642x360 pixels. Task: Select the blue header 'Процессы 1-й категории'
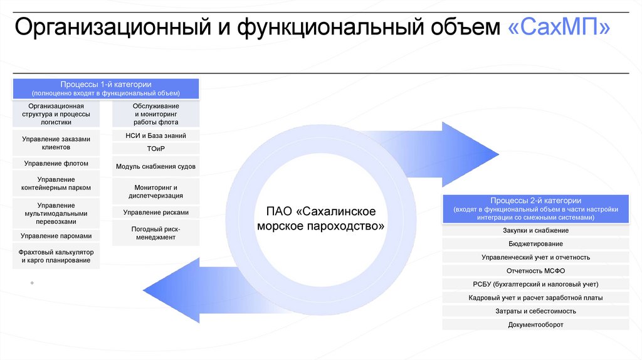pyautogui.click(x=106, y=88)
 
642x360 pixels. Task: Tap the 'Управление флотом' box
pyautogui.click(x=56, y=164)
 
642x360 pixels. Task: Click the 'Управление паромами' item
pyautogui.click(x=56, y=236)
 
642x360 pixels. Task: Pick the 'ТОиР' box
pyautogui.click(x=155, y=149)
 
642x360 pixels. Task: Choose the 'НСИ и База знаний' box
pyautogui.click(x=155, y=135)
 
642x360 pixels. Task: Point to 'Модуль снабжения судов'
pyautogui.click(x=155, y=167)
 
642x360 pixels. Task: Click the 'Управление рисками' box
pyautogui.click(x=155, y=212)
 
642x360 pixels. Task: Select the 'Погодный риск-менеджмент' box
pyautogui.click(x=155, y=233)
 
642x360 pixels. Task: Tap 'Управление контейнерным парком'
pyautogui.click(x=56, y=183)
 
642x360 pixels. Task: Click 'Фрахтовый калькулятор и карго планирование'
pyautogui.click(x=56, y=256)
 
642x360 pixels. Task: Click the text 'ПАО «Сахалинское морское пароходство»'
pyautogui.click(x=321, y=217)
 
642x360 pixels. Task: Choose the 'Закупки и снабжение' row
pyautogui.click(x=535, y=231)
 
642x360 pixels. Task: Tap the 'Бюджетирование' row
pyautogui.click(x=535, y=244)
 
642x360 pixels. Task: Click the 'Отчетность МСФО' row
pyautogui.click(x=535, y=271)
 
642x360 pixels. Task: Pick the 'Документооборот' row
pyautogui.click(x=535, y=325)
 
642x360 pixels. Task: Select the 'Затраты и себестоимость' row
pyautogui.click(x=535, y=311)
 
